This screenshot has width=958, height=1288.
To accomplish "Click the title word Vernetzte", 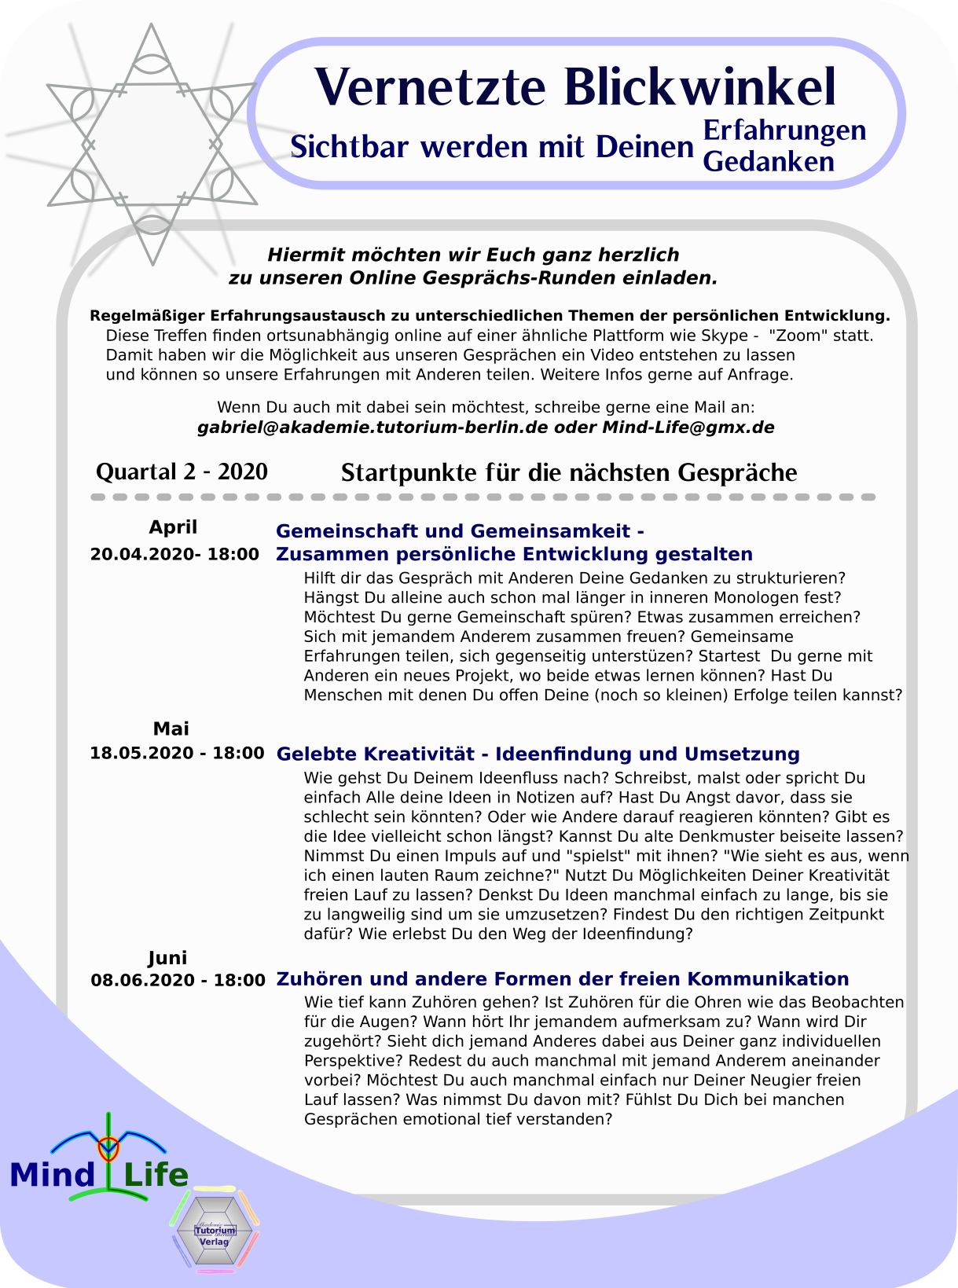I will pyautogui.click(x=430, y=87).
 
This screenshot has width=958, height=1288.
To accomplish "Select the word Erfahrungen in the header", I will pyautogui.click(x=784, y=130).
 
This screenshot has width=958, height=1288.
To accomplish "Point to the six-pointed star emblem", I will pyautogui.click(x=152, y=144).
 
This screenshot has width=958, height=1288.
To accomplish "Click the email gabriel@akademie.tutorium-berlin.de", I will pyautogui.click(x=373, y=427).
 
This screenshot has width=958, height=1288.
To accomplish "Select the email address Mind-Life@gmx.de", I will pyautogui.click(x=688, y=427).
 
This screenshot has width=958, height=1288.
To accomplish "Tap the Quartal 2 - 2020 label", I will pyautogui.click(x=182, y=472).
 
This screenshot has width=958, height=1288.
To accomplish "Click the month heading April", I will pyautogui.click(x=173, y=527).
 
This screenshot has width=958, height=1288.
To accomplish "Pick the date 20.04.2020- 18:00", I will pyautogui.click(x=174, y=554).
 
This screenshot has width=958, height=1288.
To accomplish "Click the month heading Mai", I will pyautogui.click(x=171, y=728).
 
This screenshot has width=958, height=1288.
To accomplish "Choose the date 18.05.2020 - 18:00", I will pyautogui.click(x=177, y=753).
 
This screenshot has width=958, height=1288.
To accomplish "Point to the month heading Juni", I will pyautogui.click(x=167, y=958).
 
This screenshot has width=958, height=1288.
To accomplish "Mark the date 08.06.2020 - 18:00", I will pyautogui.click(x=178, y=980).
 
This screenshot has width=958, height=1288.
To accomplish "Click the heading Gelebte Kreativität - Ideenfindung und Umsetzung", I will pyautogui.click(x=538, y=754).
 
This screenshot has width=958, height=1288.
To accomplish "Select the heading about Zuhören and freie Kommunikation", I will pyautogui.click(x=562, y=979).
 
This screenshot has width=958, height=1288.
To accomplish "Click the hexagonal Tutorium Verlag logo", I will pyautogui.click(x=215, y=1229).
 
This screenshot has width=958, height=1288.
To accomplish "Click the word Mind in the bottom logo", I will pyautogui.click(x=53, y=1176).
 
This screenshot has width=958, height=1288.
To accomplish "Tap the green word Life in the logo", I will pyautogui.click(x=156, y=1176).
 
